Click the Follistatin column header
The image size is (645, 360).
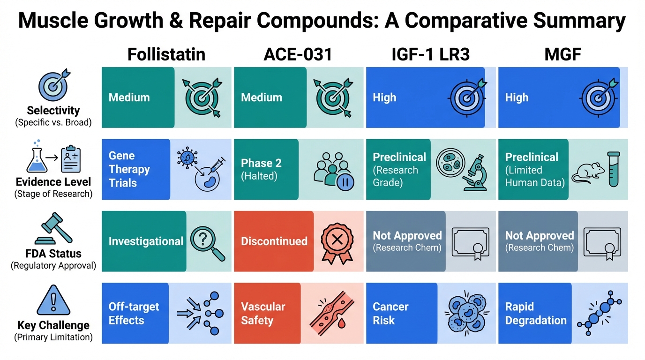pos(166,54)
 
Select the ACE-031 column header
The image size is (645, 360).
pos(298,54)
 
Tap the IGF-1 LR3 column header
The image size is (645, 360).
pos(430,54)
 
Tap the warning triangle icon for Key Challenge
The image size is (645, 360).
pos(53,300)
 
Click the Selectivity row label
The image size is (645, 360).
pos(53,111)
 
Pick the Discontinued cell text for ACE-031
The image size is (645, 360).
pos(274,241)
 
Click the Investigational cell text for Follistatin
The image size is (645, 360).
pos(146,241)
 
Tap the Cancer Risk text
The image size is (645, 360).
pos(390,314)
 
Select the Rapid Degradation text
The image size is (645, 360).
pos(536,314)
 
